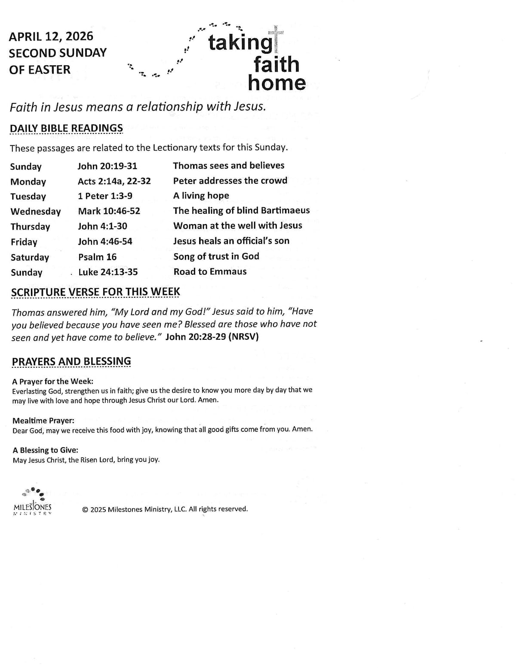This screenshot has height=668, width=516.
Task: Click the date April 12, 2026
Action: click(51, 37)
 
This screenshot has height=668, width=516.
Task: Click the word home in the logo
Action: click(276, 83)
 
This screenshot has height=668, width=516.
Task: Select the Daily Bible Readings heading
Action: click(66, 128)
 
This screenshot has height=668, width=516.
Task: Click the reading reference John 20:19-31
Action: click(107, 166)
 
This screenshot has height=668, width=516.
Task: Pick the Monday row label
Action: click(28, 182)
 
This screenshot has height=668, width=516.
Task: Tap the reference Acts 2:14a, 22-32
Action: click(114, 181)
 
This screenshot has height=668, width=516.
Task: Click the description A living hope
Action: click(201, 196)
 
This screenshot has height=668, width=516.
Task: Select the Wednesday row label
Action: click(36, 212)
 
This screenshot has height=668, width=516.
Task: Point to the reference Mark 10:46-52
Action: click(109, 211)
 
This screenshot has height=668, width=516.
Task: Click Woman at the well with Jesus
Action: click(237, 226)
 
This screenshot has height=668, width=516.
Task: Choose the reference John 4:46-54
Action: click(105, 241)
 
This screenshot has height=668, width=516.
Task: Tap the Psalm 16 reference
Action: click(97, 257)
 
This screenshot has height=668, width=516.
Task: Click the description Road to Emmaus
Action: click(210, 271)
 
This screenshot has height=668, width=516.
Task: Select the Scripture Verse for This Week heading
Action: click(95, 292)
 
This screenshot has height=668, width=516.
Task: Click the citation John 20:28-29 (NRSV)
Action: click(212, 337)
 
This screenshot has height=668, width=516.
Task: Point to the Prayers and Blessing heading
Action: click(71, 361)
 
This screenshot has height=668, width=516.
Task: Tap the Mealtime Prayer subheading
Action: click(43, 421)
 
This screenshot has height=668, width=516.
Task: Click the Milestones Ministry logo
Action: click(33, 502)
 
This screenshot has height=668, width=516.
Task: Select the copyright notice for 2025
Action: click(165, 509)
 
